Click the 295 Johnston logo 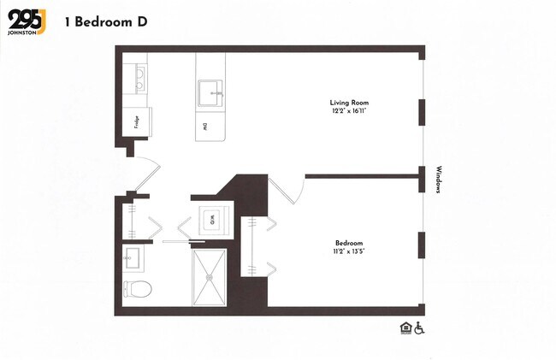coord(27,21)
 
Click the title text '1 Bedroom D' coord(104,21)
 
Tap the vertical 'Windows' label coord(438,180)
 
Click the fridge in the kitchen coord(137,121)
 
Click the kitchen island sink coord(210,91)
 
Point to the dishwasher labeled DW coord(205,127)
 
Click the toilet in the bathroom coord(138,288)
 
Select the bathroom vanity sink coord(133,257)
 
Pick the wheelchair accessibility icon coord(419,328)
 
